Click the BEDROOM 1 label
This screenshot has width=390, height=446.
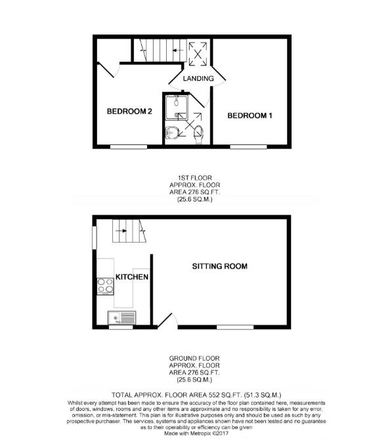pyautogui.click(x=249, y=115)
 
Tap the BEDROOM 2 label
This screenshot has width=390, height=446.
pyautogui.click(x=129, y=111)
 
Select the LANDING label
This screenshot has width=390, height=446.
pyautogui.click(x=198, y=78)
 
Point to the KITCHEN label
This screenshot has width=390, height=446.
pyautogui.click(x=132, y=277)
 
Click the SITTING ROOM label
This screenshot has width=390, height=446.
pyautogui.click(x=219, y=266)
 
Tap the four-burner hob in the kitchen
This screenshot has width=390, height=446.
pyautogui.click(x=105, y=286)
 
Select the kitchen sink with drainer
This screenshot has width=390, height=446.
pyautogui.click(x=121, y=317)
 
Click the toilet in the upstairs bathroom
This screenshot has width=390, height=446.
pyautogui.click(x=198, y=134)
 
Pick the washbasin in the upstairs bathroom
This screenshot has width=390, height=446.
pyautogui.click(x=172, y=132)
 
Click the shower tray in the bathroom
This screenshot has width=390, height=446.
pyautogui.click(x=177, y=108)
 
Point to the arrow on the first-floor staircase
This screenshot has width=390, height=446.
pyautogui.click(x=178, y=51)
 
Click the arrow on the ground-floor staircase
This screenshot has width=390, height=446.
pyautogui.click(x=122, y=231)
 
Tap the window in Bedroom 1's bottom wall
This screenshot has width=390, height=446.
pyautogui.click(x=248, y=147)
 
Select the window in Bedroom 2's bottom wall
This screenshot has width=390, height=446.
pyautogui.click(x=129, y=147)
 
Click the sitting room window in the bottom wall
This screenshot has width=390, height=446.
pyautogui.click(x=235, y=327)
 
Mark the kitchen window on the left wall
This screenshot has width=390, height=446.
pyautogui.click(x=95, y=238)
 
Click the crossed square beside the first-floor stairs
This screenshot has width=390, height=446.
pyautogui.click(x=198, y=54)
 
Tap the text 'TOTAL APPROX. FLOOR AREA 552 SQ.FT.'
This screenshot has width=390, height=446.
pyautogui.click(x=177, y=395)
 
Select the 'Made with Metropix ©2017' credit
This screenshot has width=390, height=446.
pyautogui.click(x=196, y=434)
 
